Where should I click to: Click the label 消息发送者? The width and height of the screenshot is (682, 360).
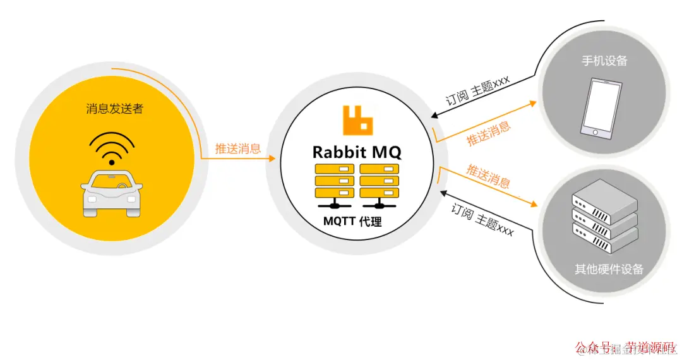click(x=115, y=109)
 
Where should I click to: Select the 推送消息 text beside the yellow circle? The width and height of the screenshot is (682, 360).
click(x=238, y=148)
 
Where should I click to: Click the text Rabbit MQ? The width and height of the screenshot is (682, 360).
click(x=357, y=152)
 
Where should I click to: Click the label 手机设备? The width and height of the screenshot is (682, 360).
click(x=604, y=61)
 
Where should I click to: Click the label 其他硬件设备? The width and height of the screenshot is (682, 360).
click(x=609, y=269)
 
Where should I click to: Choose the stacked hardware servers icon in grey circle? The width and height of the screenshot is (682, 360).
click(x=604, y=217)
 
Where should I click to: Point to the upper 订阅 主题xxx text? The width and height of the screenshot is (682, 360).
click(x=478, y=92)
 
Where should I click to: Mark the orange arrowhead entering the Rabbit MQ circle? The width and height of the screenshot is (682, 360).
click(x=272, y=159)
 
